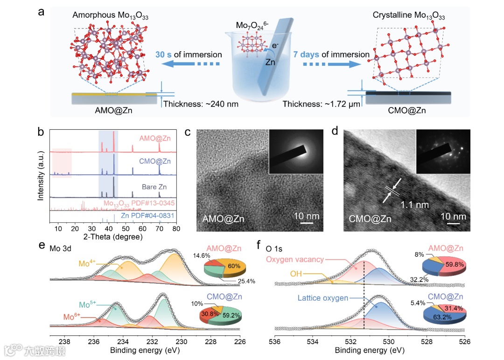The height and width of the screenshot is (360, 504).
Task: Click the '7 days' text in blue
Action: (x=306, y=55)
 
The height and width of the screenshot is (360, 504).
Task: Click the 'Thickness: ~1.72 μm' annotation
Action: (x=322, y=104)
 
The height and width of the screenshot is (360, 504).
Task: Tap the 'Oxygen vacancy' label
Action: (x=295, y=260)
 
